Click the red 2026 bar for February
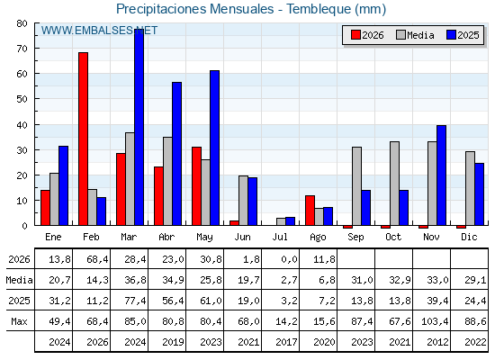[x=83, y=139]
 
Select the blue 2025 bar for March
[x=139, y=127]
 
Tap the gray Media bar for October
[x=395, y=184]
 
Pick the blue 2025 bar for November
[x=441, y=175]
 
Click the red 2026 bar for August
[x=310, y=211]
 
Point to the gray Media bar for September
[x=356, y=186]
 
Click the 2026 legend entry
[x=367, y=35]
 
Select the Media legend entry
[x=415, y=35]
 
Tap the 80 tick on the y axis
[x=22, y=23]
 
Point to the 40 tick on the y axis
[x=22, y=125]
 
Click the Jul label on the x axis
[x=280, y=237]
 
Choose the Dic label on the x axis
[x=469, y=237]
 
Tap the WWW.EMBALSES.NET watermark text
[x=99, y=31]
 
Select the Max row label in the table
[x=19, y=321]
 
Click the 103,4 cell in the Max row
[x=435, y=321]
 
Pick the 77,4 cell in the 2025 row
[x=135, y=301]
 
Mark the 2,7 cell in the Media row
[x=289, y=280]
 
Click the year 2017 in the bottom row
[x=286, y=342]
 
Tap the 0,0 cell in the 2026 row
[x=289, y=259]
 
